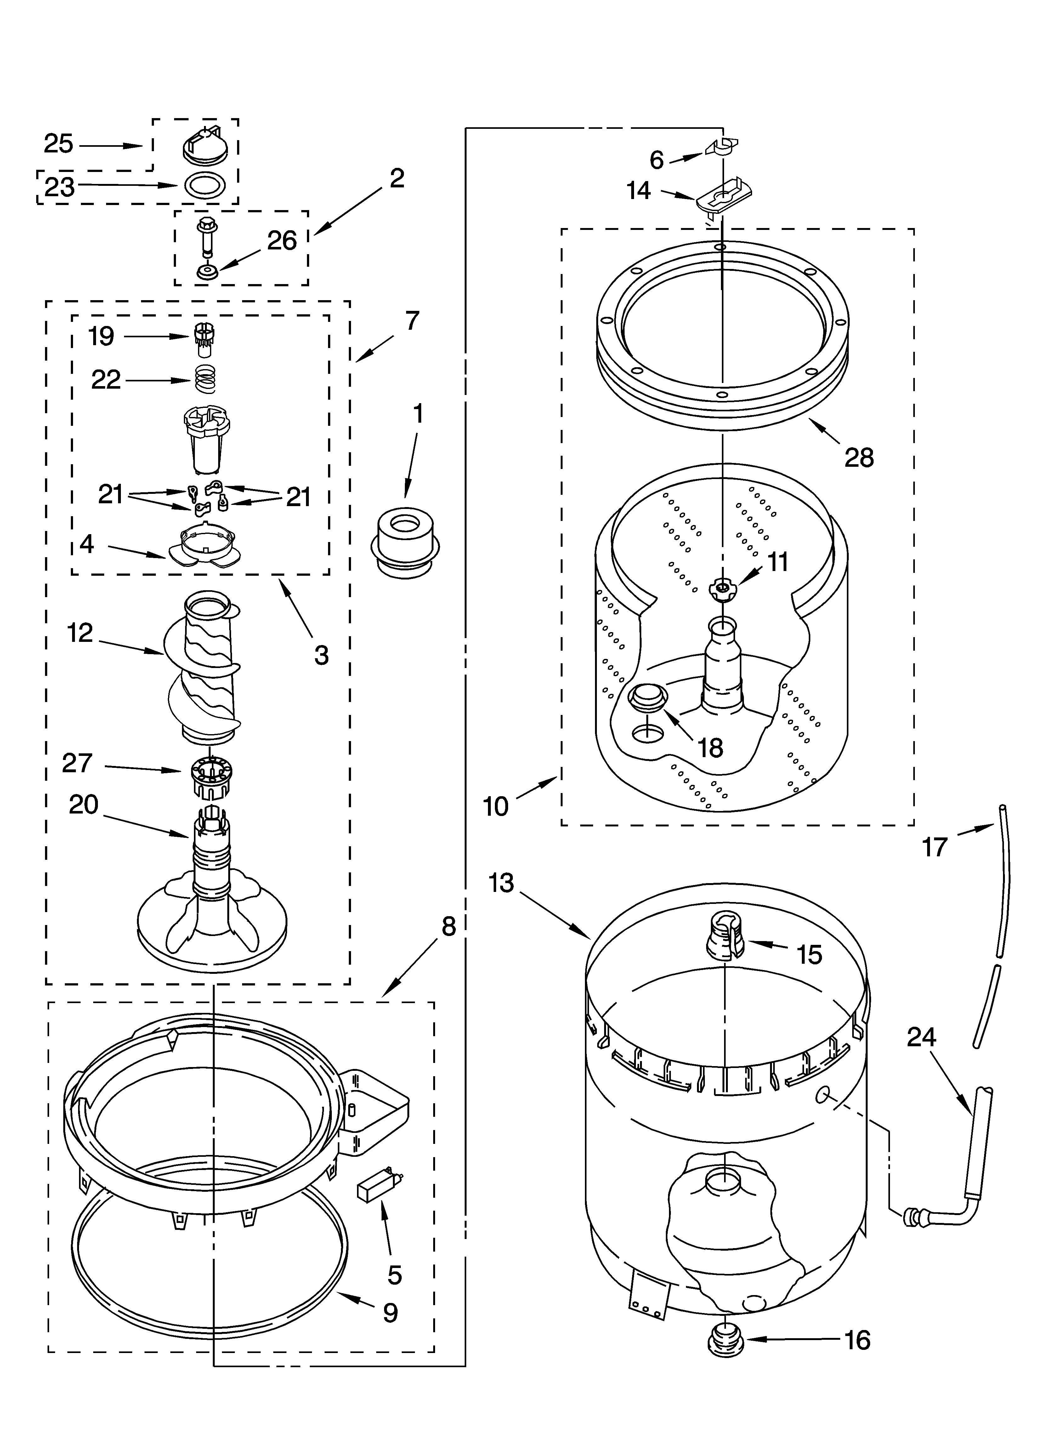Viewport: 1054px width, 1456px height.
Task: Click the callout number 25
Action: point(59,144)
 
